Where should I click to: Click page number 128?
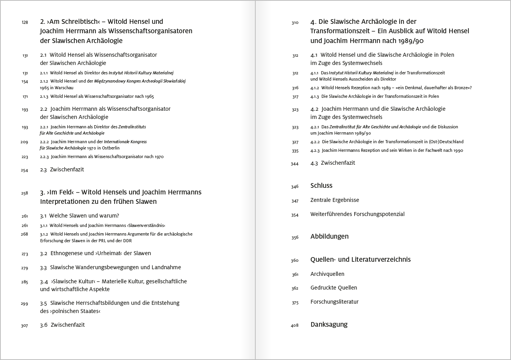[25, 23]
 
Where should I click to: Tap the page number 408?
[295, 326]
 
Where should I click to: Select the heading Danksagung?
[329, 324]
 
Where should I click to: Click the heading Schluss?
[321, 185]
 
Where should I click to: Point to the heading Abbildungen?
[329, 236]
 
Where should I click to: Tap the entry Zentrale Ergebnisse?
[335, 200]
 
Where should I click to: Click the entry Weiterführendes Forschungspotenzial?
[357, 214]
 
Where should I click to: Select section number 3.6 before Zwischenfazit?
[43, 325]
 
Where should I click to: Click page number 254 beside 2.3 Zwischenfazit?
[25, 170]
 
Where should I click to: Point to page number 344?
[295, 164]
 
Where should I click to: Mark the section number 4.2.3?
[315, 150]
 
